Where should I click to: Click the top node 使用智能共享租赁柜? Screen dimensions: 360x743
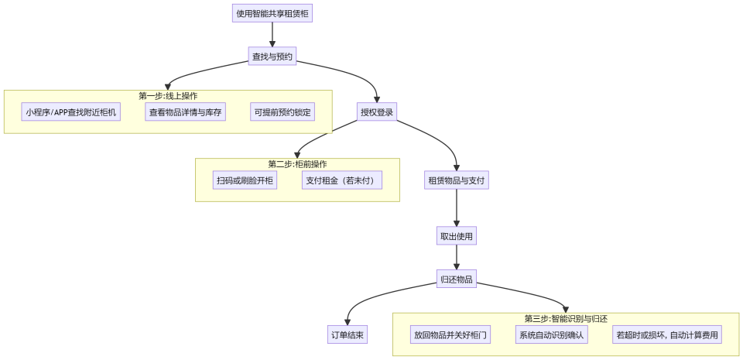(x=272, y=13)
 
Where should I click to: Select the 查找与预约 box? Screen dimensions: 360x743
(x=272, y=57)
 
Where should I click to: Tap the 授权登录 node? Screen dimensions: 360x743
(x=377, y=112)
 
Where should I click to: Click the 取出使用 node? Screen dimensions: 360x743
(x=457, y=235)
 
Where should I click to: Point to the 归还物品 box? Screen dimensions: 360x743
(x=457, y=279)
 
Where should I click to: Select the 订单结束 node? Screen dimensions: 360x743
(x=348, y=335)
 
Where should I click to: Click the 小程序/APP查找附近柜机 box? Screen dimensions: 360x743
(x=71, y=112)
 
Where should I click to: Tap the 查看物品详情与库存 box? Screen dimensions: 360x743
(x=186, y=112)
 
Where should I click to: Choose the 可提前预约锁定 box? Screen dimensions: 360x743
(x=282, y=112)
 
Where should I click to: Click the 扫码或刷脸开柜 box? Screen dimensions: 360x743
(x=245, y=180)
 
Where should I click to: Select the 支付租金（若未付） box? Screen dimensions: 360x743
(x=341, y=180)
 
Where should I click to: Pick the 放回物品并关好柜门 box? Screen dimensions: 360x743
(x=450, y=335)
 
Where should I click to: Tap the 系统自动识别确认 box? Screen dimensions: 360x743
(x=552, y=335)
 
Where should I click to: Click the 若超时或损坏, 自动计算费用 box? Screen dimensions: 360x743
(x=666, y=335)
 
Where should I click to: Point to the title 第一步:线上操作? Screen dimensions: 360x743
(x=168, y=96)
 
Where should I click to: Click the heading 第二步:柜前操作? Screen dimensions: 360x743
(x=297, y=164)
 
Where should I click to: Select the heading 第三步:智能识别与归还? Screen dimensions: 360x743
(x=566, y=319)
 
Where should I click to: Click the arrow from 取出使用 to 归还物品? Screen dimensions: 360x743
(x=457, y=258)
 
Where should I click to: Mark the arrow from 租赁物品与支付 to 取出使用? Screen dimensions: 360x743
(x=457, y=207)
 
